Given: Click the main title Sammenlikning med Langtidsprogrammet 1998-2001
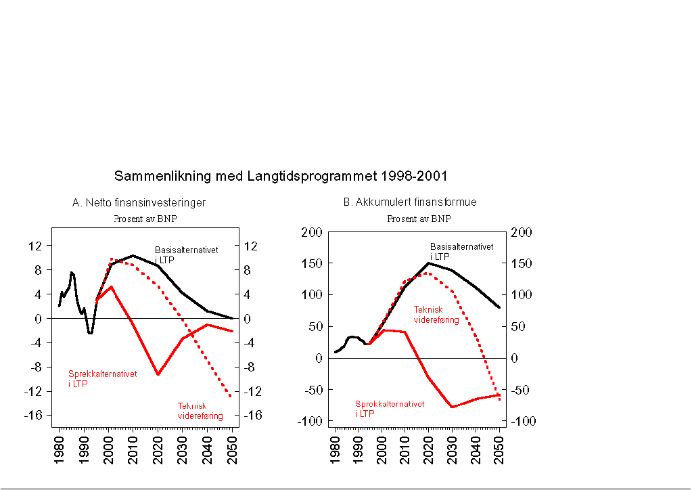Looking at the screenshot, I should click(281, 176).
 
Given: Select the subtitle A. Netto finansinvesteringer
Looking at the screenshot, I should click(139, 202).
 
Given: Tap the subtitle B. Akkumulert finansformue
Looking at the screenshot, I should click(410, 202).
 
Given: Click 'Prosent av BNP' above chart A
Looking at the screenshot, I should click(145, 219).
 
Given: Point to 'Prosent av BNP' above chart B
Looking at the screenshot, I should click(419, 219).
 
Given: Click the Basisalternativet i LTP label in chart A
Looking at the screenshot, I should click(186, 254).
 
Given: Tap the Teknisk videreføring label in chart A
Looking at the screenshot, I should click(200, 411).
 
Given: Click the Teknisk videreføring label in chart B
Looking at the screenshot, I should click(436, 315).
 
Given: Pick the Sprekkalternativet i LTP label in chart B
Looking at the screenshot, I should click(390, 408).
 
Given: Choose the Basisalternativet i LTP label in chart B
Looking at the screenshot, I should click(461, 251).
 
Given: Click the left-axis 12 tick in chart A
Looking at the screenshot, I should click(34, 245).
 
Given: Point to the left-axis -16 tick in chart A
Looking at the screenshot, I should click(33, 416).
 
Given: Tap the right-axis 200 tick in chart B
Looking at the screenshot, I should click(524, 232).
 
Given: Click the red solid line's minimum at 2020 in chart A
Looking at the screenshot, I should click(158, 374).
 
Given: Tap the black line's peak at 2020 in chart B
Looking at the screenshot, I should click(429, 263).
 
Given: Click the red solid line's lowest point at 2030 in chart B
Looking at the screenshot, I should click(452, 407).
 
